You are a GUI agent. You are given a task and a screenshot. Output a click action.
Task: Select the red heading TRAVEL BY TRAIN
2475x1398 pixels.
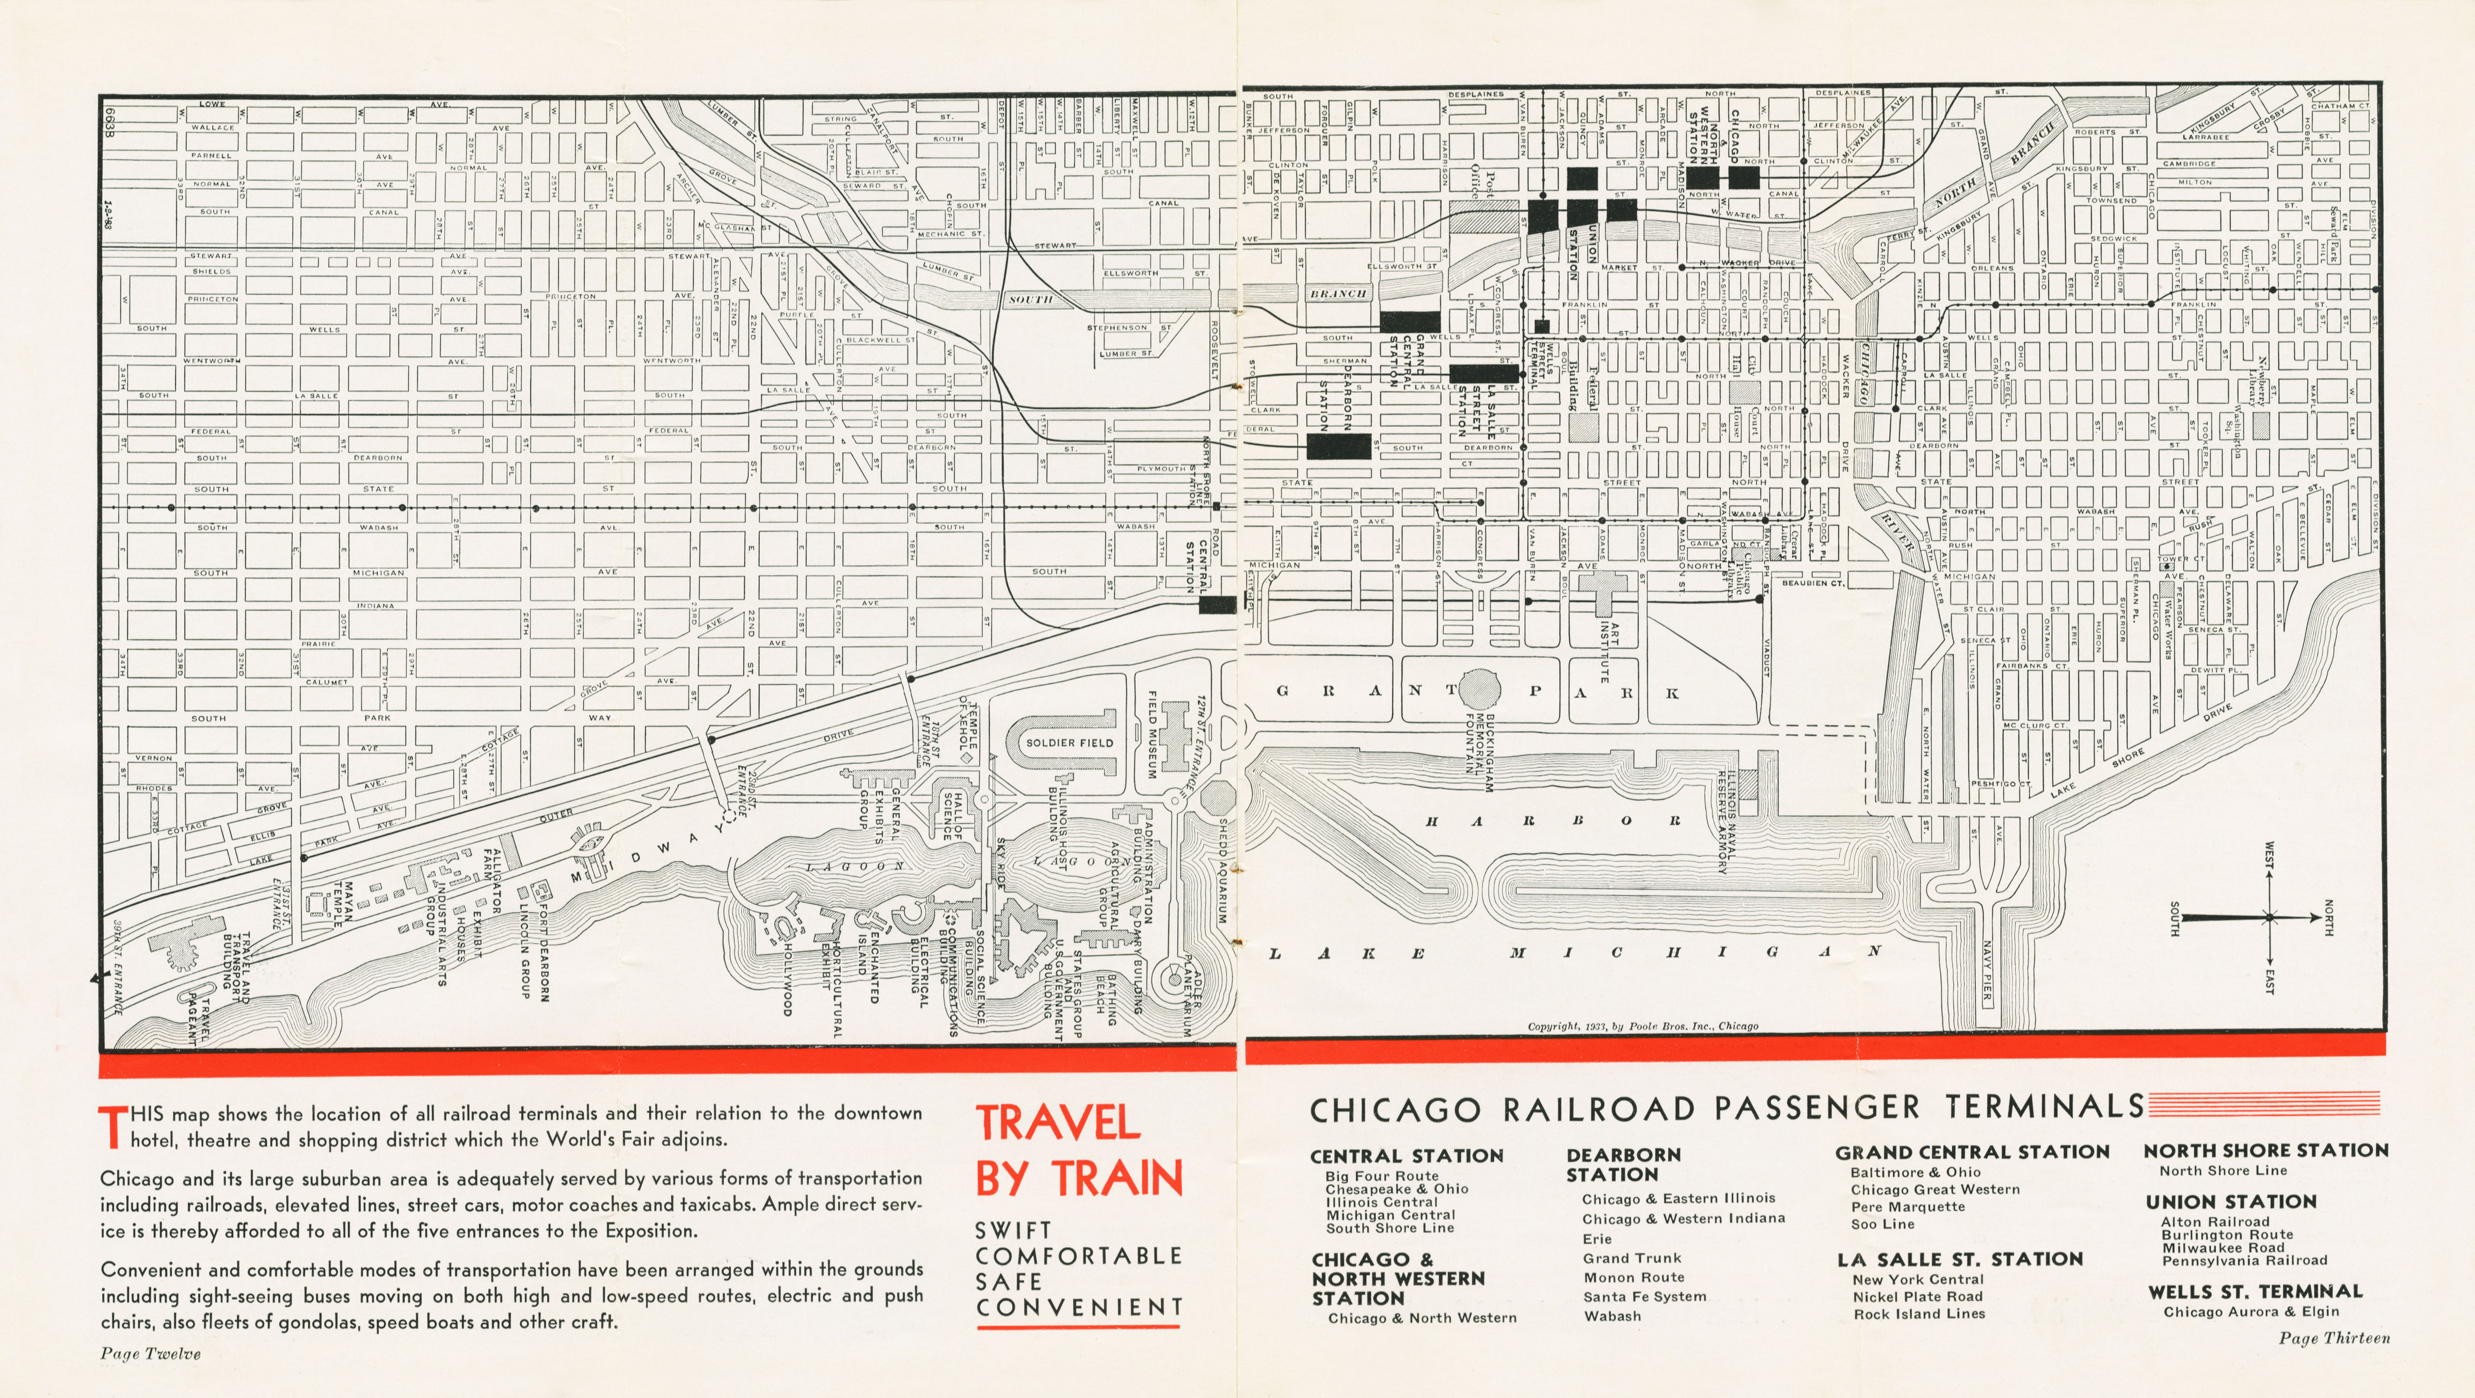(x=1079, y=1151)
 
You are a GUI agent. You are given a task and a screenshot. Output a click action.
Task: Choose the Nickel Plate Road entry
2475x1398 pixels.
(x=1918, y=1296)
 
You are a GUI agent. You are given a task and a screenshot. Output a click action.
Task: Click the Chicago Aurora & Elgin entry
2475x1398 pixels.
(x=2251, y=1311)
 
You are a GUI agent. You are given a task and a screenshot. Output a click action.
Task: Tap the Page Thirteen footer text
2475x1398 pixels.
(x=2334, y=1338)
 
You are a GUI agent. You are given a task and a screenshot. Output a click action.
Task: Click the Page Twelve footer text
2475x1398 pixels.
(x=151, y=1354)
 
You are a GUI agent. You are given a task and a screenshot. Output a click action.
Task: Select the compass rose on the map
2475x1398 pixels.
(x=2270, y=918)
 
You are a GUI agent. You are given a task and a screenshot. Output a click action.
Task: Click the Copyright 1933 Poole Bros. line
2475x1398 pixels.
(x=1643, y=1026)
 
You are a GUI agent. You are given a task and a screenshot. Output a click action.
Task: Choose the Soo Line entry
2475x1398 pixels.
(x=1882, y=1224)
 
